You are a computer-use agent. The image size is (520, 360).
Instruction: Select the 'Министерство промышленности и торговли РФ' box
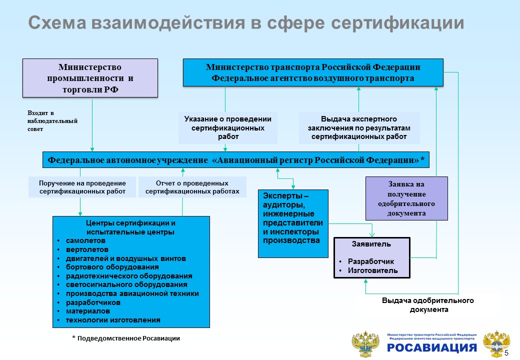pos(90,78)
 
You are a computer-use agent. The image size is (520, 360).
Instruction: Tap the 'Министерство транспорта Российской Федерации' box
pos(313,72)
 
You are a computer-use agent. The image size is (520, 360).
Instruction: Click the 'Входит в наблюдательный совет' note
pos(52,121)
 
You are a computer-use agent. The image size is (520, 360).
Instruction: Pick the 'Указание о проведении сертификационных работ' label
pos(227,127)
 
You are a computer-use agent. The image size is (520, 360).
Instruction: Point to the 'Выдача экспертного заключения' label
pos(358,127)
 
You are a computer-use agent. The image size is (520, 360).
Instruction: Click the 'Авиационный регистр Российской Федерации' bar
pos(235,160)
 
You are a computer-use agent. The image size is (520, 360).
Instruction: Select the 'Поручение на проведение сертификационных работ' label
pos(82,187)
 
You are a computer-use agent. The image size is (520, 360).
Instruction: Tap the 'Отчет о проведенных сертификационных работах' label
pos(192,187)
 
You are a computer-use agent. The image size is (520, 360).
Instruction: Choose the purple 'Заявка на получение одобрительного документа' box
pos(406,198)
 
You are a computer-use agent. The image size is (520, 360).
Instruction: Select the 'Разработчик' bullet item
pos(370,261)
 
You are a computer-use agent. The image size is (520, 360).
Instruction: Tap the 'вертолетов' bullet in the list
pos(87,249)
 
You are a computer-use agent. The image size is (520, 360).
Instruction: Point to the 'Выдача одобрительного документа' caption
pos(427,305)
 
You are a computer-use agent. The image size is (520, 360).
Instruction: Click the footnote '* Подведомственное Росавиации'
pos(125,338)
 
